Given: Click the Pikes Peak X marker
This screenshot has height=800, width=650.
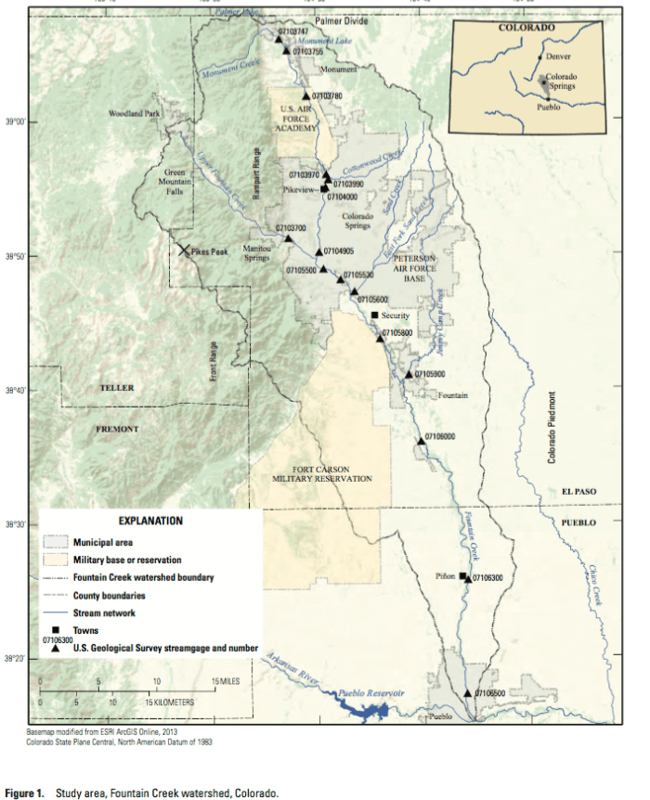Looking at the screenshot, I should (x=185, y=251).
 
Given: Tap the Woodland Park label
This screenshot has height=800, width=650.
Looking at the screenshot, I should (x=136, y=113).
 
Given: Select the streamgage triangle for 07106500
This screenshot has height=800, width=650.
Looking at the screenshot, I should (x=468, y=692).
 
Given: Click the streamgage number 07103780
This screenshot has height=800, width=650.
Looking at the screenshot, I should (x=328, y=96).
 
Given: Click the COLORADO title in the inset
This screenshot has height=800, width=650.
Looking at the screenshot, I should (x=526, y=29).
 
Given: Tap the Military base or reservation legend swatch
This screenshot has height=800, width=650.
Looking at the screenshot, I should (x=55, y=561).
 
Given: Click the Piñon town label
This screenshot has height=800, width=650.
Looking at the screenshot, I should (x=447, y=576).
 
